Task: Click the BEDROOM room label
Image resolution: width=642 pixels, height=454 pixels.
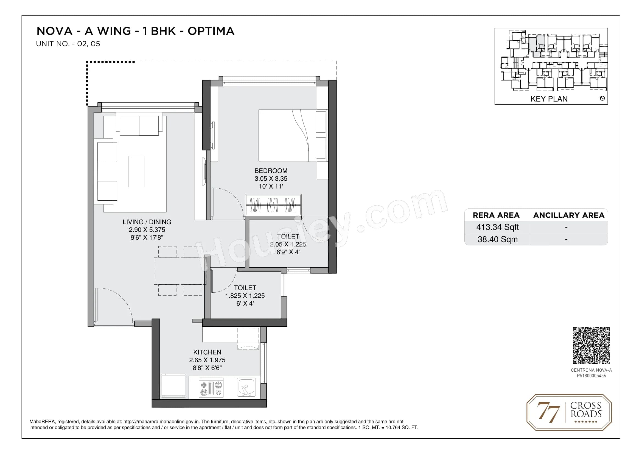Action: coord(271,171)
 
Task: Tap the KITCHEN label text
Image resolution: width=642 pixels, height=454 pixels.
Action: coord(207,352)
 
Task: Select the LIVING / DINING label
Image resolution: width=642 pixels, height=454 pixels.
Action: coord(147,222)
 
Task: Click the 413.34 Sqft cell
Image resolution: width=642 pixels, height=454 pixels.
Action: coord(497,227)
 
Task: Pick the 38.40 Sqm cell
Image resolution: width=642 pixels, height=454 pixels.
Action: coord(497,239)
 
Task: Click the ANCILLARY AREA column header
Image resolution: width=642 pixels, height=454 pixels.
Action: coord(569,215)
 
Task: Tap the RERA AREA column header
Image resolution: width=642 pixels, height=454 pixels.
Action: coord(496,215)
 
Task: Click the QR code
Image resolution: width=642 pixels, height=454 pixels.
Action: coord(591,346)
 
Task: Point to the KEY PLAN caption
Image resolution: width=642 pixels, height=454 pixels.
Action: coord(549,99)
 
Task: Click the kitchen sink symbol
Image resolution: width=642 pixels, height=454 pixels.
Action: coord(246,388)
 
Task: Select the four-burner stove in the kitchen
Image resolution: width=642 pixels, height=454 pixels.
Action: coord(211,388)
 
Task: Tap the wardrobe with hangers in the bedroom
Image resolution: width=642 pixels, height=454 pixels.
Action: coord(273,205)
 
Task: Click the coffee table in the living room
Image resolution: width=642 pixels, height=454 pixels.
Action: coord(136,171)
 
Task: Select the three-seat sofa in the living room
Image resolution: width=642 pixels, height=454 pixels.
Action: coord(107,171)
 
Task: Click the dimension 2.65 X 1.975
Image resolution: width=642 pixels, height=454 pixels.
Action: coord(207,360)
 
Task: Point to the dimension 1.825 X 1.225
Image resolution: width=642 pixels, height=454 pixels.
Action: coord(245,296)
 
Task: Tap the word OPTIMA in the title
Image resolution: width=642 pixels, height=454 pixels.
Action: coord(211,31)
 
